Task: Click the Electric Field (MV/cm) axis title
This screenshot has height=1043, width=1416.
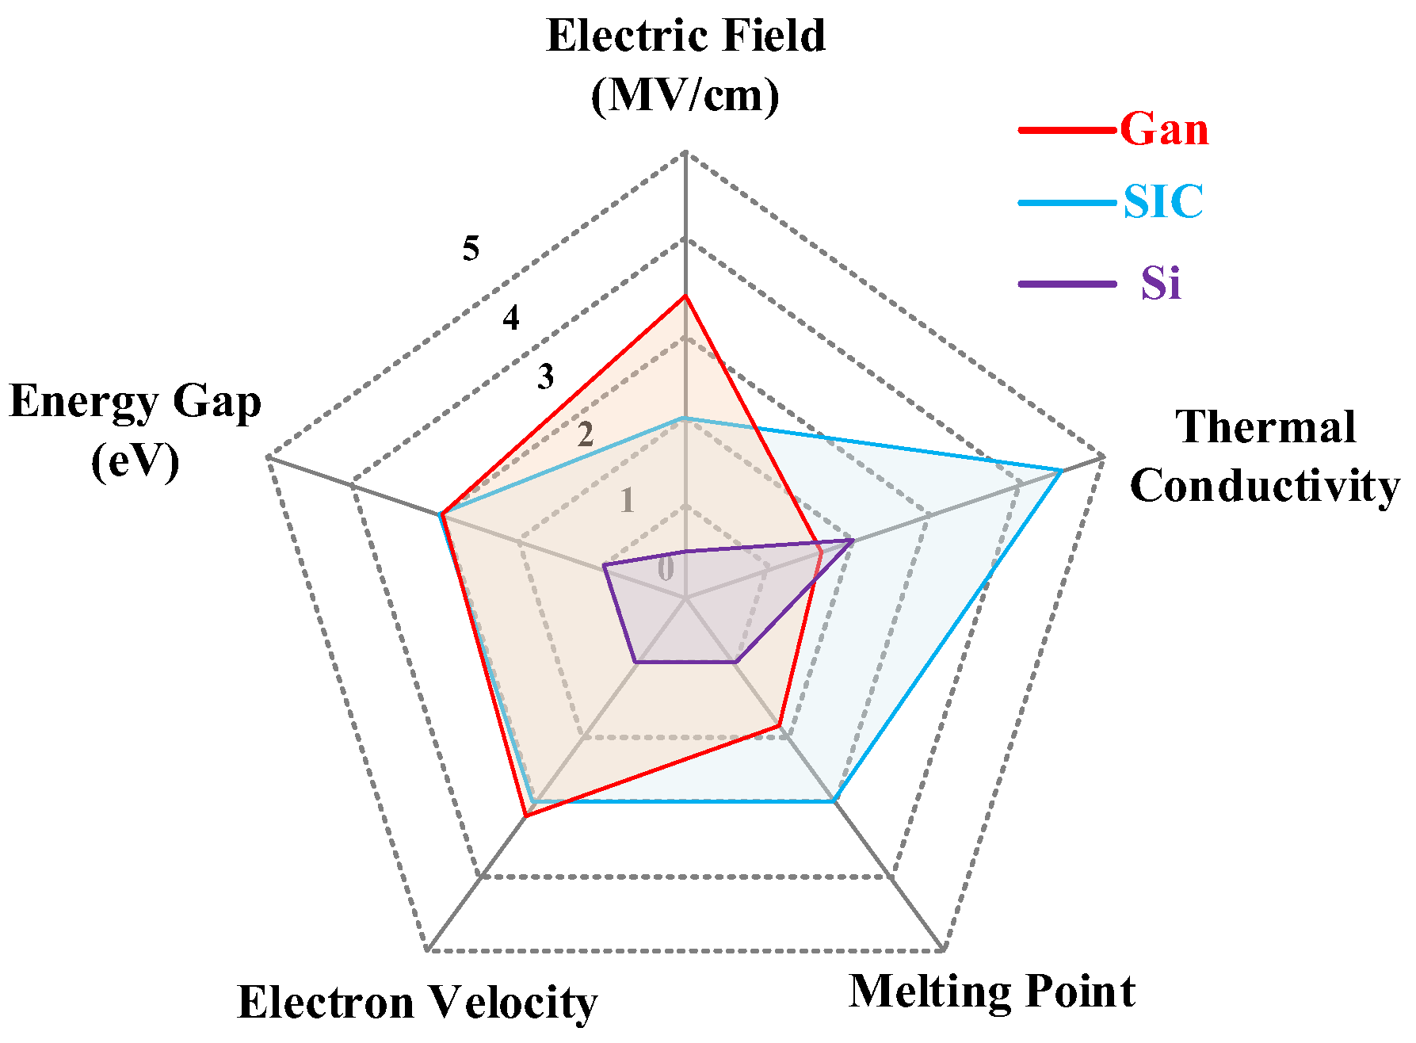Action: (x=686, y=65)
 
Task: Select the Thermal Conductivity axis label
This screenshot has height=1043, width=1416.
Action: (x=1265, y=457)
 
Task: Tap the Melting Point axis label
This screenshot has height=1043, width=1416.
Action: (x=992, y=991)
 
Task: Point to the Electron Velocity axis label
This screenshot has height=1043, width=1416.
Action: (x=418, y=1002)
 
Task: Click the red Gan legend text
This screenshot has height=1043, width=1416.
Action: (x=1164, y=128)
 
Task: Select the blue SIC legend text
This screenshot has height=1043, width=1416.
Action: (x=1163, y=201)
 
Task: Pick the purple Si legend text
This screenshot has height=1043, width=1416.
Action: (x=1161, y=283)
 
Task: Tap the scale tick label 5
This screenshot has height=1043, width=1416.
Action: (x=471, y=250)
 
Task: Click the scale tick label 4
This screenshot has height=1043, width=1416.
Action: (x=511, y=319)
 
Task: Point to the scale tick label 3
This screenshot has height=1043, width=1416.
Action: (x=545, y=377)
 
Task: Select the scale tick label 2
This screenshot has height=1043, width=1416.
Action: (x=586, y=435)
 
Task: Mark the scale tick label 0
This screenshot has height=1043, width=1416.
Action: (x=666, y=568)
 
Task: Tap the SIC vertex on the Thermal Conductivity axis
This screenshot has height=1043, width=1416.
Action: (x=1061, y=472)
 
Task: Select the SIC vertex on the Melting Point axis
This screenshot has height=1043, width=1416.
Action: (x=834, y=801)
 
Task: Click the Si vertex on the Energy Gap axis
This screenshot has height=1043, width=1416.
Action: (x=604, y=566)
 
